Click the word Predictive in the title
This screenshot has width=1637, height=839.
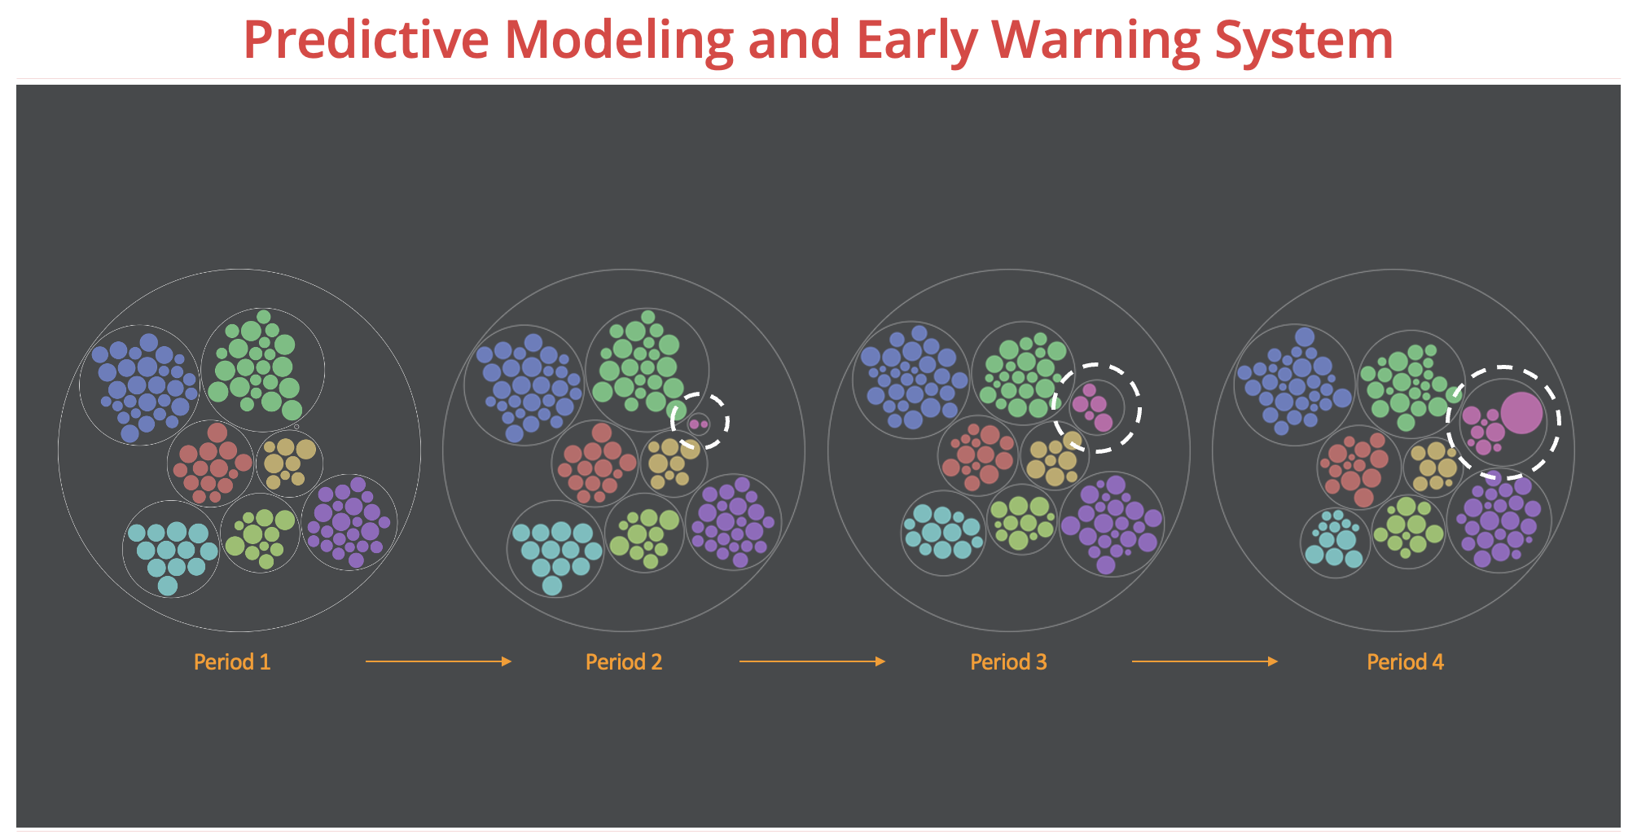[x=366, y=39]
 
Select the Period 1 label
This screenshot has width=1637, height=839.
[x=232, y=661]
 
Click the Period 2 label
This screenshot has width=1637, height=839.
[x=624, y=661]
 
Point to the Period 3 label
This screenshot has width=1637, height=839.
[x=1008, y=661]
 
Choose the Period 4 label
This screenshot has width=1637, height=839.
[x=1405, y=661]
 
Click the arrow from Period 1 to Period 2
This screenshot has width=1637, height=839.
[x=438, y=661]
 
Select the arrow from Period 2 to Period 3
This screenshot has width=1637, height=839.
[x=812, y=661]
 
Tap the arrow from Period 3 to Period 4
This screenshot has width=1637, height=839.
[x=1205, y=661]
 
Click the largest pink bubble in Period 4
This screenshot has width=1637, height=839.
[x=1521, y=413]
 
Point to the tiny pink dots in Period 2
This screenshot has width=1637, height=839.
[x=699, y=424]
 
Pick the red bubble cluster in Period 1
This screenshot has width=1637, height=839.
[x=211, y=463]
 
